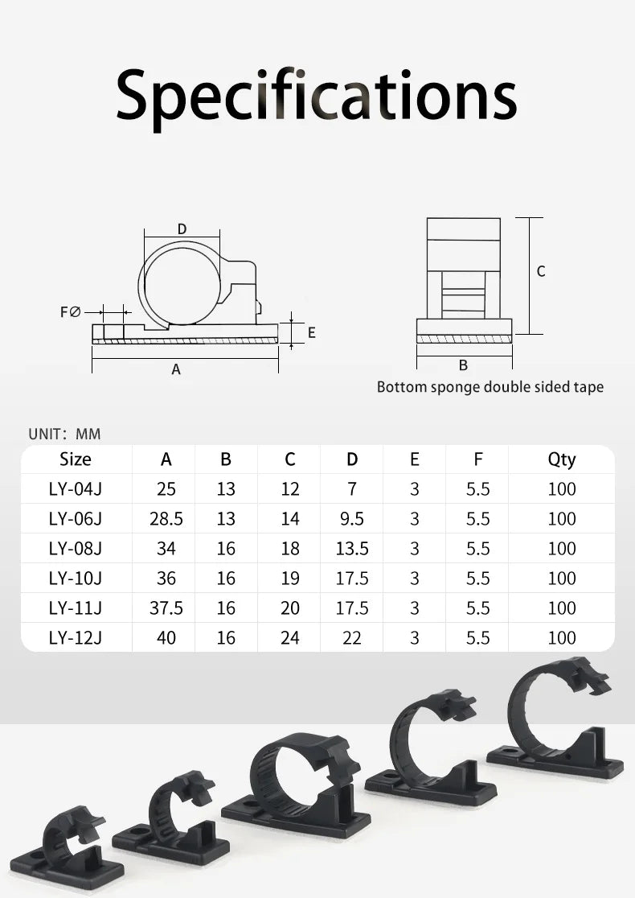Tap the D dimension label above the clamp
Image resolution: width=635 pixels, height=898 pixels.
point(182,229)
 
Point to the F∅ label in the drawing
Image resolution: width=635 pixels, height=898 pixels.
point(71,312)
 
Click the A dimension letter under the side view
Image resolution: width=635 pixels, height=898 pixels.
point(176,369)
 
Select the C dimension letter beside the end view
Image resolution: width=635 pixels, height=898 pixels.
point(541,271)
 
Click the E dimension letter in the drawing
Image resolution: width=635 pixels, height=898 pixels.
point(312,333)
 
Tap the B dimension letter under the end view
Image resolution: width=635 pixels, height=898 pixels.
point(463,365)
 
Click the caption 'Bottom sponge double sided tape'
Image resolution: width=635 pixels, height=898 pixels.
point(490,387)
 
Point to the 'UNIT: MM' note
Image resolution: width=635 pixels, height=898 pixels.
point(64,434)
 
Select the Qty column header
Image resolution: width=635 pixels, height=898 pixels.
point(562,460)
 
